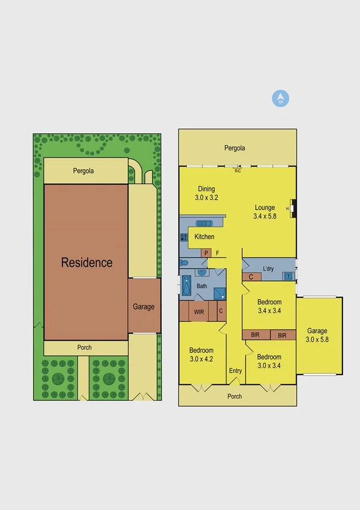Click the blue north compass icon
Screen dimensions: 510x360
coord(281,99)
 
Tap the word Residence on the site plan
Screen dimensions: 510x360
coord(87,263)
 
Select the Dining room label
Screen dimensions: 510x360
coord(206,189)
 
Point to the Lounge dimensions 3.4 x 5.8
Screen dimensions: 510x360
coord(264,216)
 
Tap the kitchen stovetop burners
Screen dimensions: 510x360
coord(184,237)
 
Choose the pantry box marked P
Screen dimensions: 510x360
coord(206,253)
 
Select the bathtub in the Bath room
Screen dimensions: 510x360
coord(186,286)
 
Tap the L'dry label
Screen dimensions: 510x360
coord(268,269)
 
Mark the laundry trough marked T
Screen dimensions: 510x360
coord(288,276)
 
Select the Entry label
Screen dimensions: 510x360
coord(235,371)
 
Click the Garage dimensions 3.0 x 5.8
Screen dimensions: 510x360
coord(317,339)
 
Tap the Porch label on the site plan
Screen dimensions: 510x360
coord(84,347)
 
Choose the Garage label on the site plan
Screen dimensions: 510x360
coord(143,306)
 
